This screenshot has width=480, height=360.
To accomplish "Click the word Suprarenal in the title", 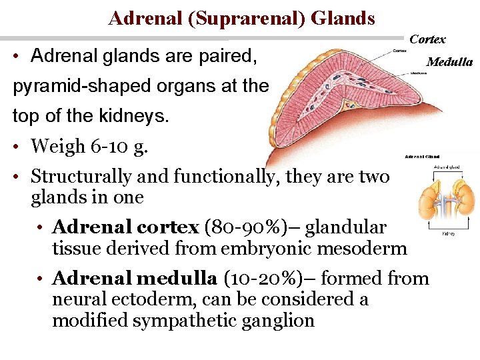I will click(247, 18).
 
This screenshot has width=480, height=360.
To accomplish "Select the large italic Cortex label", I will click(427, 39).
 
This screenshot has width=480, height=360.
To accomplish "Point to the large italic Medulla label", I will click(449, 63).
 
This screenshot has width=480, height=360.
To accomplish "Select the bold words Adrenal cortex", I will click(125, 227).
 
